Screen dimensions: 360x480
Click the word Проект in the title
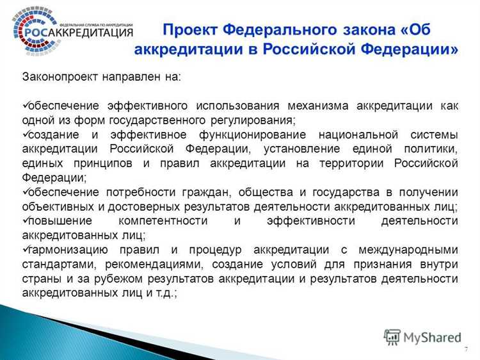click(x=189, y=30)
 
